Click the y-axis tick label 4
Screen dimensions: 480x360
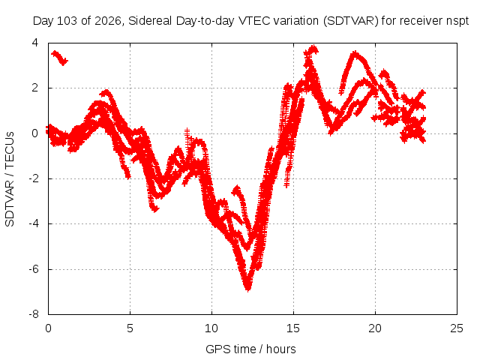(35, 43)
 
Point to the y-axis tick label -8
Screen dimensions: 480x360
(34, 314)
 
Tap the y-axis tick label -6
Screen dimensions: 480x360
(34, 269)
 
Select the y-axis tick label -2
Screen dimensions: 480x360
(34, 178)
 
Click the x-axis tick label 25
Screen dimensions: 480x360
(457, 328)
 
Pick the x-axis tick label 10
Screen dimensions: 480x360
(211, 328)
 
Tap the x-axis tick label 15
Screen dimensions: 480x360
(293, 328)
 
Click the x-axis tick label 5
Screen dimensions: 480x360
(130, 328)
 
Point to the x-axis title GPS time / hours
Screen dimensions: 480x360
(250, 349)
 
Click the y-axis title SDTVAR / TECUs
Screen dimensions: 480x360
(10, 179)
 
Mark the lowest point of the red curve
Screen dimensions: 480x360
(247, 289)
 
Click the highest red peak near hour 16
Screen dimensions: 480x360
(313, 46)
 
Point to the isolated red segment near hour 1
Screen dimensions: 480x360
(59, 58)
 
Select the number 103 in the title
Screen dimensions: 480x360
(67, 21)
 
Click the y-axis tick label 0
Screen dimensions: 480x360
(35, 133)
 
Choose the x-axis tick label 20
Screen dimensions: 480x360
(375, 328)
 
